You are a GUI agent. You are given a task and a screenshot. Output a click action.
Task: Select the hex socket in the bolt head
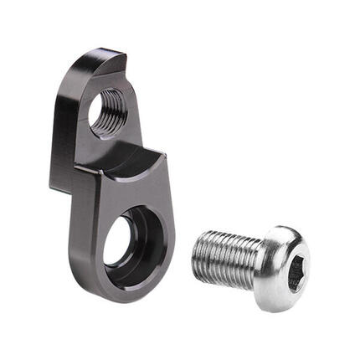297,271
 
